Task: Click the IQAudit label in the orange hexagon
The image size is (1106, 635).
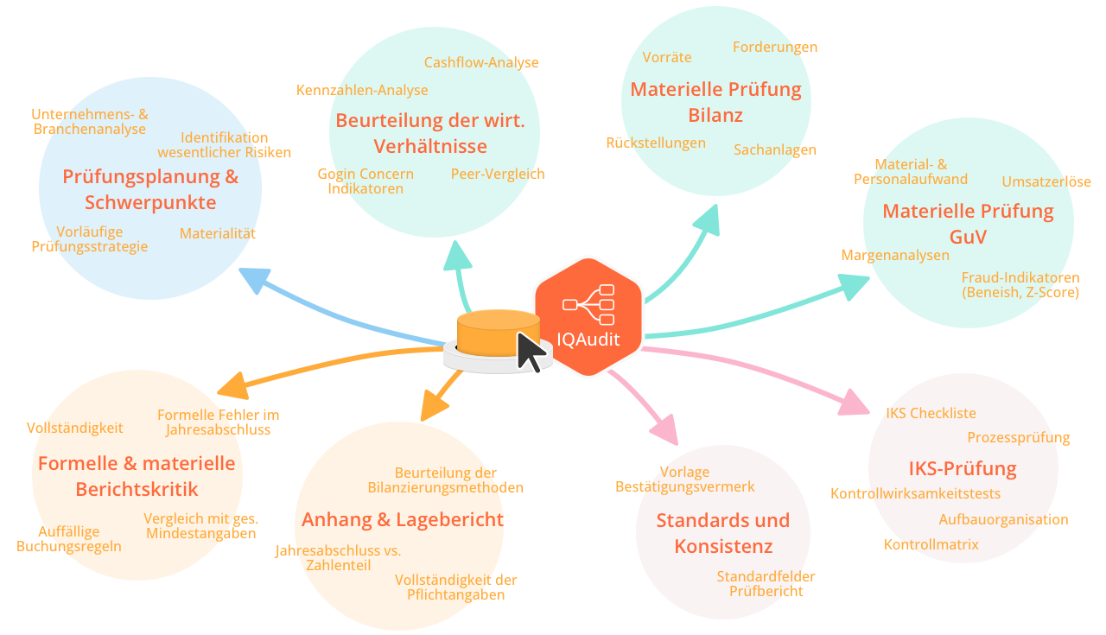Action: coord(588,340)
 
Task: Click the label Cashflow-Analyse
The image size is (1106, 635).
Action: coord(481,63)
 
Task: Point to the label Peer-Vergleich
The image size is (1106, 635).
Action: coord(498,174)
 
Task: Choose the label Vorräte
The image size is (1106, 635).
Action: coord(667,58)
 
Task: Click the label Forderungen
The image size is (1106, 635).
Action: coord(775,48)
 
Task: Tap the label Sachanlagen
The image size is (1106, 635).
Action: coord(775,150)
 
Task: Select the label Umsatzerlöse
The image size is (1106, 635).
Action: coord(1046,182)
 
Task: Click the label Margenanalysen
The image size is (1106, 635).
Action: coord(895,256)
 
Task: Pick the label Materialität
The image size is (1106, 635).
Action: coord(218,234)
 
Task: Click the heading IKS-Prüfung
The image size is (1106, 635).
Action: coord(962,469)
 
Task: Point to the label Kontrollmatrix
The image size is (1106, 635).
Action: coord(931,545)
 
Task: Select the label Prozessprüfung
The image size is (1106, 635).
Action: coord(1019,438)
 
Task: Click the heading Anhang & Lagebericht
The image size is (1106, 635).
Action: coord(402,520)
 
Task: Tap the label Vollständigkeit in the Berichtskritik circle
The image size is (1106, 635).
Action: coord(75,429)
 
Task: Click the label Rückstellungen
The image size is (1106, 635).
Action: coord(656,143)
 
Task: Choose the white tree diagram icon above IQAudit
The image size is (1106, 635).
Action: coord(588,304)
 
